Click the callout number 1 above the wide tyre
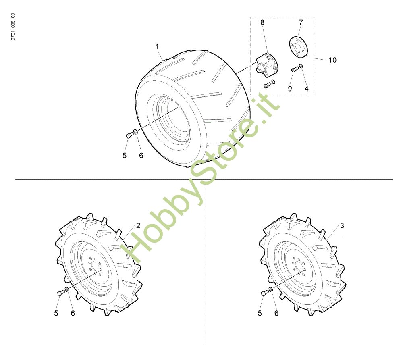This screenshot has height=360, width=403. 157,47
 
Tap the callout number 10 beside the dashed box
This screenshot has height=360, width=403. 332,60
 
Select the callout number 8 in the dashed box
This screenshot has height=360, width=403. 262,22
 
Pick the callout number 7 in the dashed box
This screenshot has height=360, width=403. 301,22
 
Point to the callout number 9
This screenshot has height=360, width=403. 290,89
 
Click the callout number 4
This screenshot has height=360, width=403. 306,89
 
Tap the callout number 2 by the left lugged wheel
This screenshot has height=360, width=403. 138,226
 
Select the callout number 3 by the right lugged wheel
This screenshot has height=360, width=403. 342,226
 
